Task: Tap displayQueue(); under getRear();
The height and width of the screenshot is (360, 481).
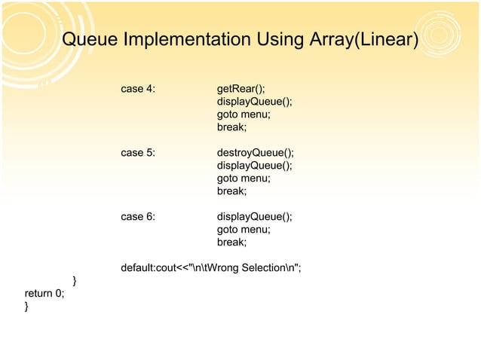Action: (254, 102)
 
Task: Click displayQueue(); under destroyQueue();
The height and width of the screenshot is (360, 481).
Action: (254, 166)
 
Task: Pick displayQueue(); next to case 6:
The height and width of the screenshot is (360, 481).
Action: (254, 217)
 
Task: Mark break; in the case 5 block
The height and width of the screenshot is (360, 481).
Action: (231, 191)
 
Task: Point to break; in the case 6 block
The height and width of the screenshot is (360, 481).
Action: (231, 243)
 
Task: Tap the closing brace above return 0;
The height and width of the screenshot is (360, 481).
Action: (74, 281)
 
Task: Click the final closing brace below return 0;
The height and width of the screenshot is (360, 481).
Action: (26, 307)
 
